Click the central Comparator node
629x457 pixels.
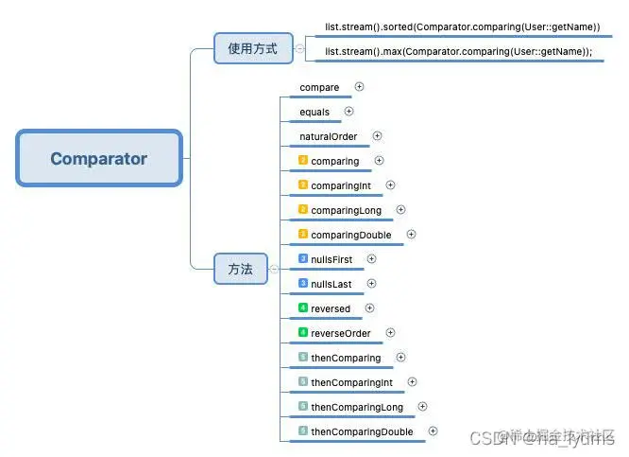(x=99, y=158)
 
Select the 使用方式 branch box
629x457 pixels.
(x=252, y=48)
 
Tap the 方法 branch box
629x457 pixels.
(x=241, y=269)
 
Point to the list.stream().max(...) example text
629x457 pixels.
(x=458, y=51)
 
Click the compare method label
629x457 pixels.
(x=319, y=87)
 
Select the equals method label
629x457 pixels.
(x=314, y=112)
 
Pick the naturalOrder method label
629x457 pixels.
(x=329, y=136)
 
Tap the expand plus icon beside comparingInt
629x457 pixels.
(x=391, y=185)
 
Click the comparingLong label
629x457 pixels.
(x=346, y=210)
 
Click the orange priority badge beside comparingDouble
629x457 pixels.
(x=303, y=235)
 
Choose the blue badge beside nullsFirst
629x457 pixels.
(x=303, y=258)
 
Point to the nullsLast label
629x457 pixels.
(x=333, y=284)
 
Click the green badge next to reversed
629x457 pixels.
(x=303, y=308)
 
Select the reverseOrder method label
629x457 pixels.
(x=341, y=333)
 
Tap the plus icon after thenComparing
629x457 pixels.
(x=401, y=357)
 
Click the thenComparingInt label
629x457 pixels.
(x=351, y=382)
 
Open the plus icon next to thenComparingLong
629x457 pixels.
(x=423, y=406)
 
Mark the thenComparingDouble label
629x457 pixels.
(x=362, y=431)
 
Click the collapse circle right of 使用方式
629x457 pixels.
(x=299, y=48)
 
